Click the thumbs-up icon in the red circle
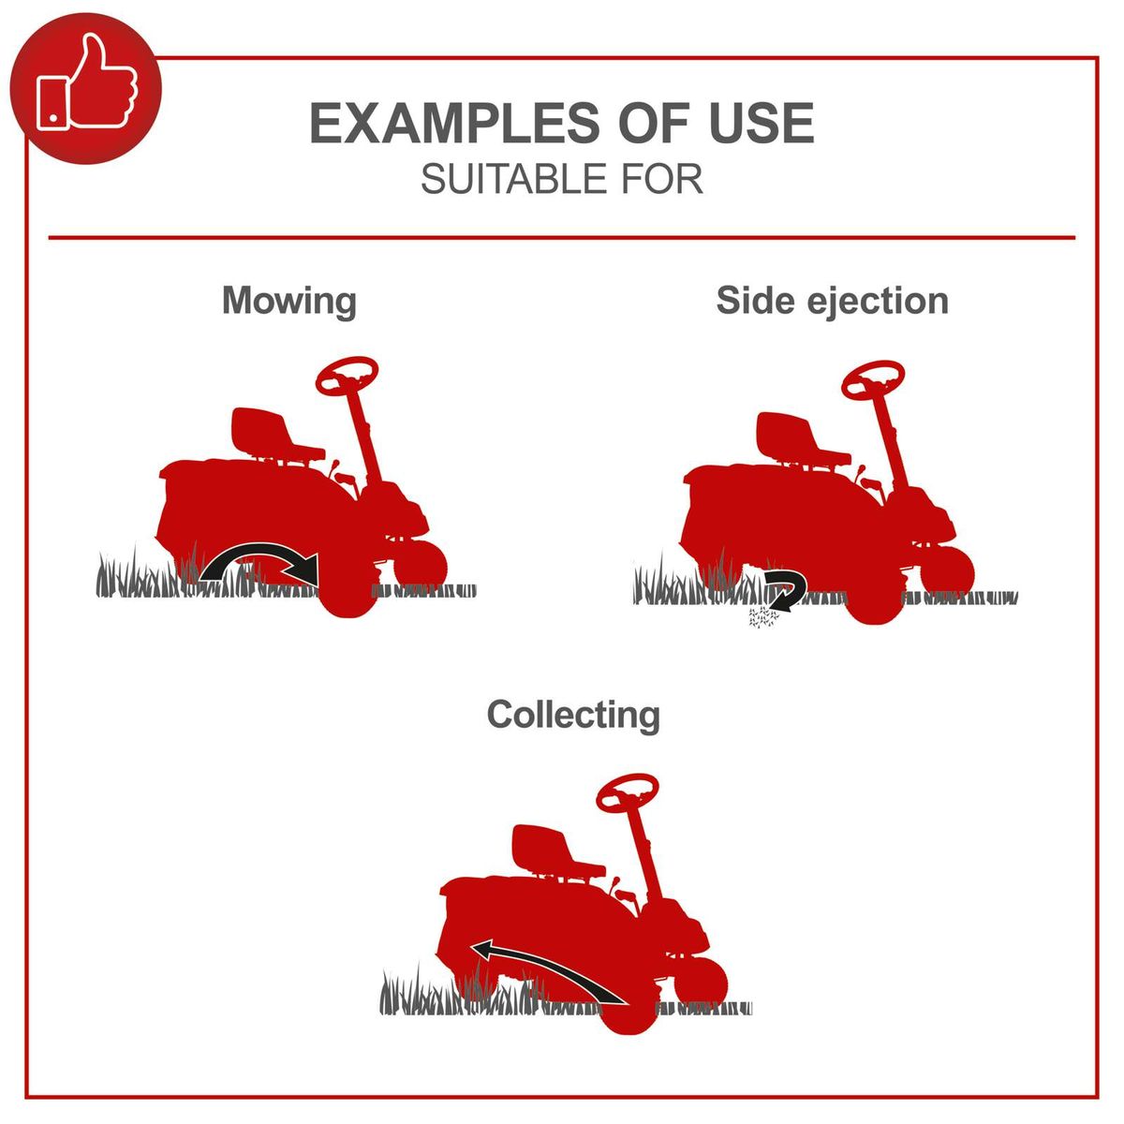87,83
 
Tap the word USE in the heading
762,123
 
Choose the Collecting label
573,716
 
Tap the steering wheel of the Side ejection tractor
873,380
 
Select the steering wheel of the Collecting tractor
628,792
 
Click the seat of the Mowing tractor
274,436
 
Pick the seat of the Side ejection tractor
800,441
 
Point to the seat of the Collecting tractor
555,852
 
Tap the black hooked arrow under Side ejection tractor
787,589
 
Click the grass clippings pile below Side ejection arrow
762,617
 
